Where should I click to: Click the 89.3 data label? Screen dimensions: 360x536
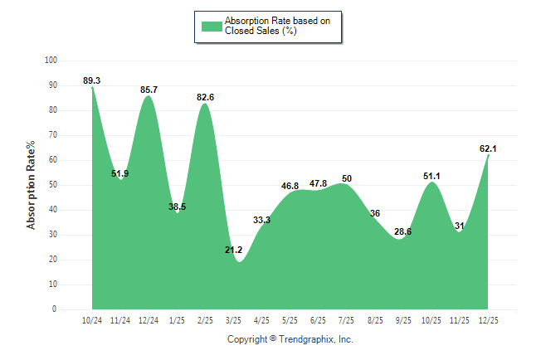pos(92,80)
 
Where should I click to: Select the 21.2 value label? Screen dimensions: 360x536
pos(233,250)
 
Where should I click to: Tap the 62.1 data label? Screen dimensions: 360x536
pos(488,148)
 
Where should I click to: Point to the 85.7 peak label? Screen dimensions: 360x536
pos(149,89)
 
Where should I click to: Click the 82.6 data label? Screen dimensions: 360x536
pos(205,97)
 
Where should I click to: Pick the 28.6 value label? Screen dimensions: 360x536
pos(402,231)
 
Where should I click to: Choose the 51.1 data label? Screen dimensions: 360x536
pos(431,176)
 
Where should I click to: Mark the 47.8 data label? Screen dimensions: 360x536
pos(318,183)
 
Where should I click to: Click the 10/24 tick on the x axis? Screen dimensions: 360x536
pos(92,319)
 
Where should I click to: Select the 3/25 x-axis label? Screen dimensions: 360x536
pos(233,319)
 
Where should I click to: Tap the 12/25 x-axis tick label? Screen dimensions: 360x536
pos(488,319)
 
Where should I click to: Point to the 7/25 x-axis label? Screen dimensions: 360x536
pos(347,319)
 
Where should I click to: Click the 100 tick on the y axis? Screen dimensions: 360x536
pos(51,61)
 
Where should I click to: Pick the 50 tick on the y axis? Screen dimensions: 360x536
pos(52,185)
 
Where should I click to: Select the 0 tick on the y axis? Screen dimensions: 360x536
pos(55,309)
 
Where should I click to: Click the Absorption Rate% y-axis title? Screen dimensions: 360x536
pos(32,185)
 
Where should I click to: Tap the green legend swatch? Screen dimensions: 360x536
pos(212,26)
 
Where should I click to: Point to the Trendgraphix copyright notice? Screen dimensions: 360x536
pos(290,339)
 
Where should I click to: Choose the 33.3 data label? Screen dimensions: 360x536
pos(261,221)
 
